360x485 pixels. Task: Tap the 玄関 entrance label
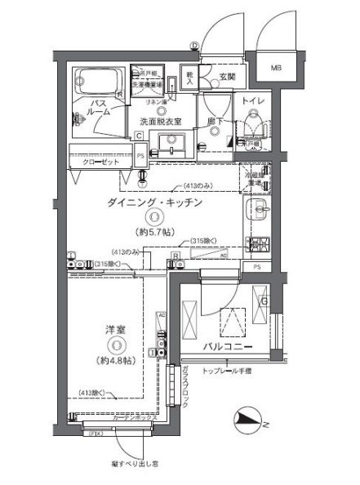226,78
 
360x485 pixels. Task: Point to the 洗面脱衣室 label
160,122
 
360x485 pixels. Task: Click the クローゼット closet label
102,162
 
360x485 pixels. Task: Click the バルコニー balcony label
233,346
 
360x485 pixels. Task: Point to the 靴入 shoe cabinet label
189,78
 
